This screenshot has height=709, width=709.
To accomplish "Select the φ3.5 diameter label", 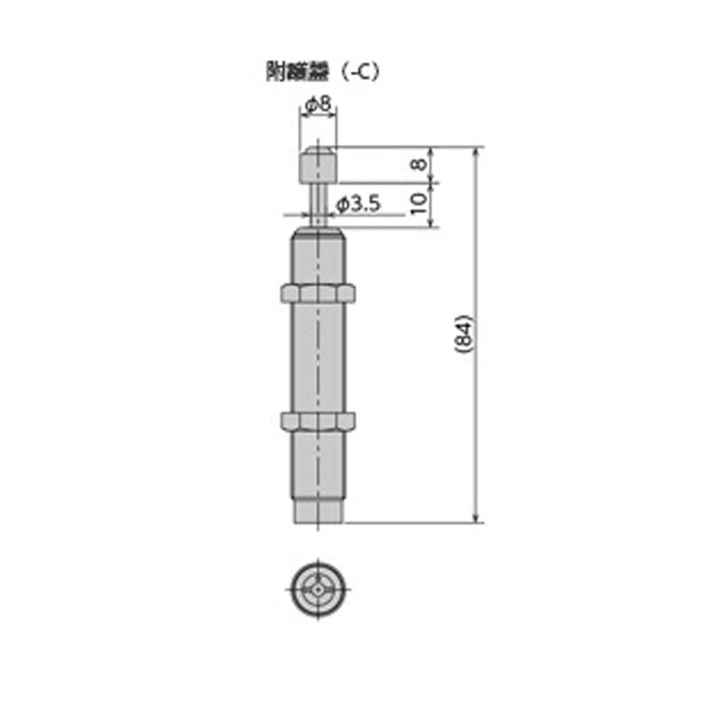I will tap(359, 205).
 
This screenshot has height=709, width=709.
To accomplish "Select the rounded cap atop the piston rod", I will tap(317, 165).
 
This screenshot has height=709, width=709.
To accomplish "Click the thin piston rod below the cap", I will tap(317, 204).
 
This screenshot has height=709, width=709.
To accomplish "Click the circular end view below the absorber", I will tap(317, 588).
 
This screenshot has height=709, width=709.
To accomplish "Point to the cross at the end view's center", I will tap(317, 588).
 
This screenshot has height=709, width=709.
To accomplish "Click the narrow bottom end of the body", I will tap(317, 512).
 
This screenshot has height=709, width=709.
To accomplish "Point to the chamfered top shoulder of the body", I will tap(317, 233).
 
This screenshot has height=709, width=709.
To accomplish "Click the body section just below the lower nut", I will tap(317, 465).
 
